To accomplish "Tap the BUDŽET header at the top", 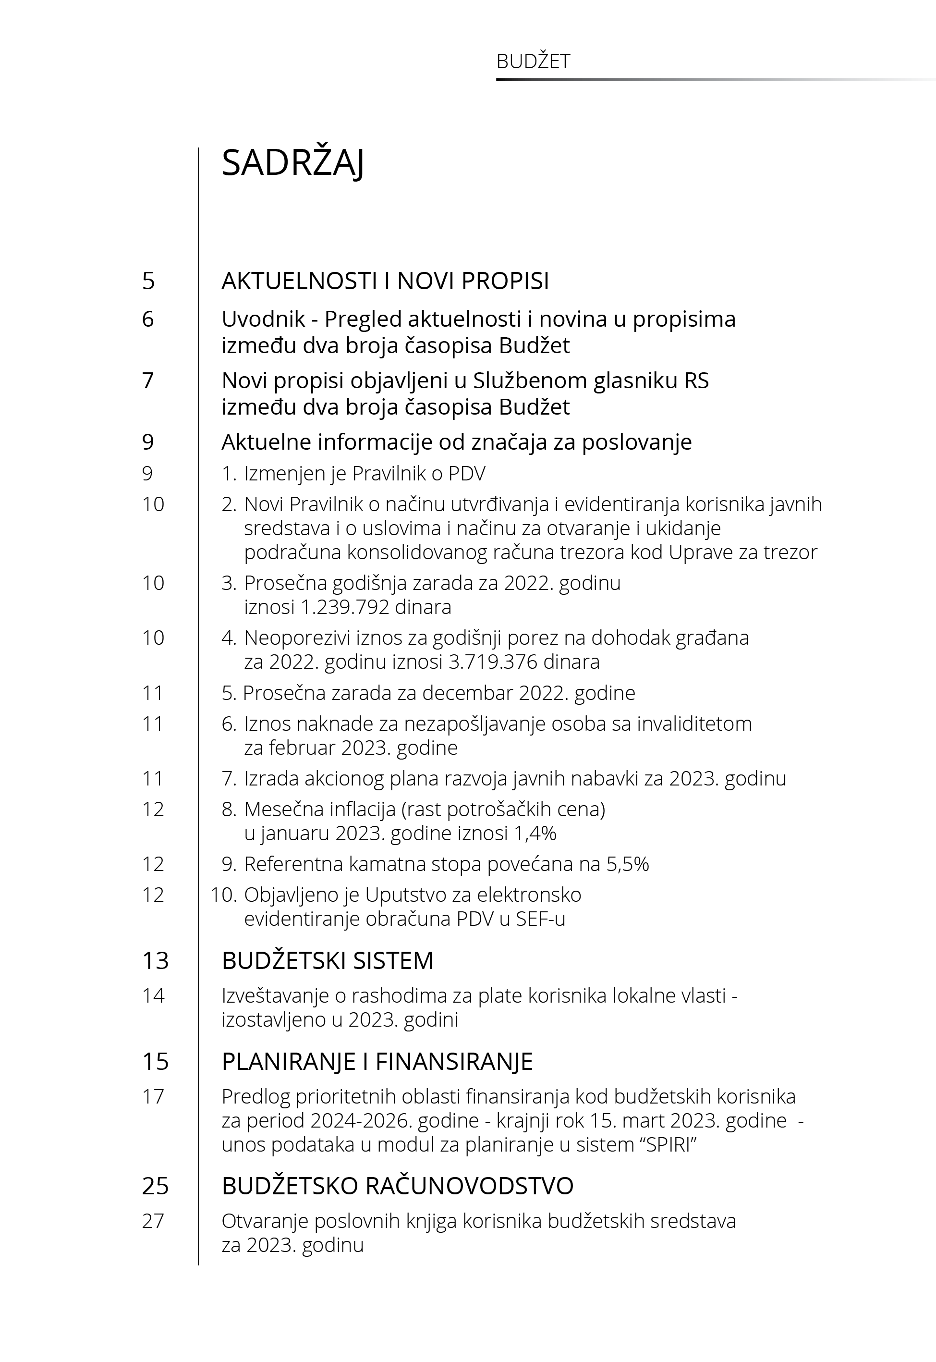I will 533,61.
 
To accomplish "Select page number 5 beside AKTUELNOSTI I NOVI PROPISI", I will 148,281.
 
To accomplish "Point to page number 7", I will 148,380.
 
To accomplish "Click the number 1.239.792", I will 345,606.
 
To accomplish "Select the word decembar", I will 466,693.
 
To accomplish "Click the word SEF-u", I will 540,919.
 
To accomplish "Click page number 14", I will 153,995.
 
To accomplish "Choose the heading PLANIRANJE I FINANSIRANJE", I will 377,1062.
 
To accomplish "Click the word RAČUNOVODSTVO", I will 469,1186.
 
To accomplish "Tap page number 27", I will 153,1221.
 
